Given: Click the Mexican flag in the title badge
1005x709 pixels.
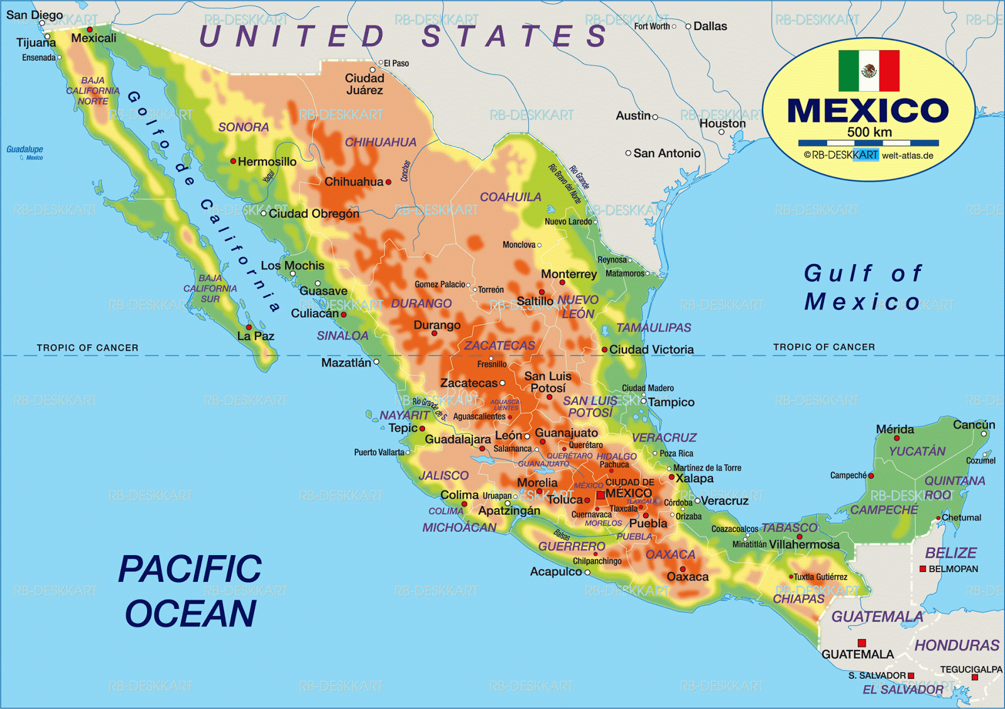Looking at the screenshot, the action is click(869, 71).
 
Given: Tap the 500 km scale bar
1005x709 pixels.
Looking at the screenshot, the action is click(868, 143).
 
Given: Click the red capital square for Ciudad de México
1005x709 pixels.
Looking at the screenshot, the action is click(600, 495).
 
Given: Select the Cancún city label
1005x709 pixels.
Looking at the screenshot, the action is click(974, 425).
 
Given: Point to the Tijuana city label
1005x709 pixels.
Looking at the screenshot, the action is click(36, 43).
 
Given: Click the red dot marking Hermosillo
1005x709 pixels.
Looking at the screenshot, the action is click(233, 162).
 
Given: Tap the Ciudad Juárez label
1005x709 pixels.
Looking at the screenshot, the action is click(364, 84).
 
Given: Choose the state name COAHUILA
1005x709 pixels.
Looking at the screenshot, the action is click(510, 197).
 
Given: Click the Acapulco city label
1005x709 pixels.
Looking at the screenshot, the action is click(555, 572).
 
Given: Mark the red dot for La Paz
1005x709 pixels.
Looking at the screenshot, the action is click(249, 327).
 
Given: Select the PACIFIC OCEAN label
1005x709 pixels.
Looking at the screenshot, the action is click(190, 591).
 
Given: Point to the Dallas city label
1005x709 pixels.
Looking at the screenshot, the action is click(710, 26).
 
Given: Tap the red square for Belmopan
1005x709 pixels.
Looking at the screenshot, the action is click(923, 569).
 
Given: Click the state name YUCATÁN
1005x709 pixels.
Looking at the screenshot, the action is click(916, 451).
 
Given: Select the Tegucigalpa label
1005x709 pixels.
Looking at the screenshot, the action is click(970, 669).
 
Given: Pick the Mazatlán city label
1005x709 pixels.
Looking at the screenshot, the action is click(346, 363).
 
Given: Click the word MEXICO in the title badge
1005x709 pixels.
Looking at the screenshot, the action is click(868, 111).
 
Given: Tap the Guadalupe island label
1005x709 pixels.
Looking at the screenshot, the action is click(24, 150).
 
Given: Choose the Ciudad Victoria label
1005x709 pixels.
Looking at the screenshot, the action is click(651, 349).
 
